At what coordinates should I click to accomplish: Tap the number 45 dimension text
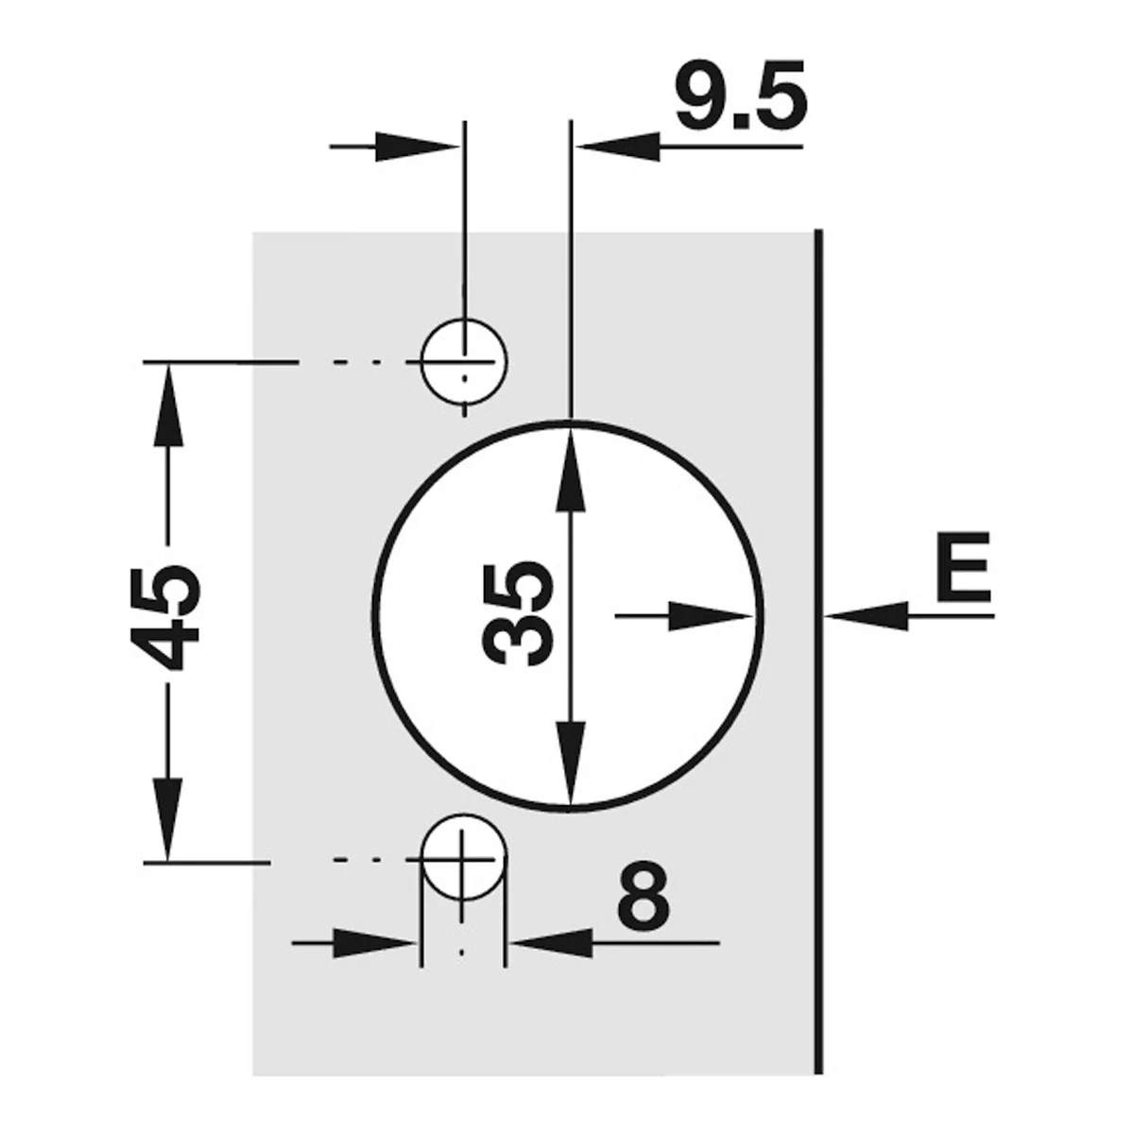pyautogui.click(x=165, y=617)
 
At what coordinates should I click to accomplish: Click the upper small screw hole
pyautogui.click(x=464, y=361)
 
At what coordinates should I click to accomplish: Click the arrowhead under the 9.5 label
pyautogui.click(x=617, y=146)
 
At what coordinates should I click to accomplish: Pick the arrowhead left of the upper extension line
pyautogui.click(x=418, y=146)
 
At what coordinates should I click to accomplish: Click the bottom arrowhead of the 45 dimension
pyautogui.click(x=167, y=819)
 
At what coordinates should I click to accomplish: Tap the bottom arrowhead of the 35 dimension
pyautogui.click(x=570, y=763)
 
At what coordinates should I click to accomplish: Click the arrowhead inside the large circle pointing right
pyautogui.click(x=711, y=616)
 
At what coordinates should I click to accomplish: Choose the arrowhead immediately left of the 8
pyautogui.click(x=551, y=942)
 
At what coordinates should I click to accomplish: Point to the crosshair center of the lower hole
pyautogui.click(x=462, y=860)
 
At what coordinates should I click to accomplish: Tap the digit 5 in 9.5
pyautogui.click(x=779, y=95)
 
